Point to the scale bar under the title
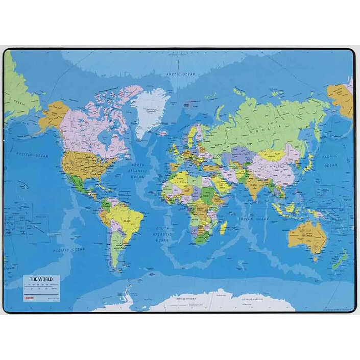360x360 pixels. tap(41, 287)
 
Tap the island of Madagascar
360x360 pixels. tap(224, 227)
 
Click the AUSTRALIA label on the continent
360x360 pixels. tap(305, 236)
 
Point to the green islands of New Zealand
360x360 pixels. tap(342, 260)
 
